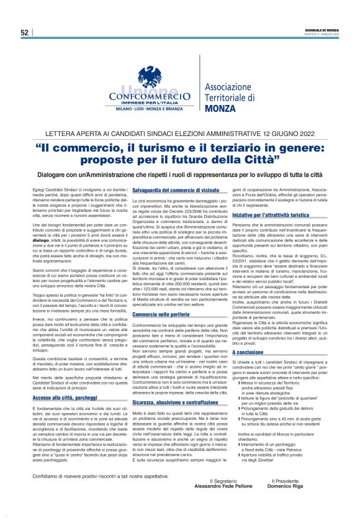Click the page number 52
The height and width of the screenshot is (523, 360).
click(x=24, y=32)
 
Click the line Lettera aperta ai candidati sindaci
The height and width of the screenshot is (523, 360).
click(x=179, y=135)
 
